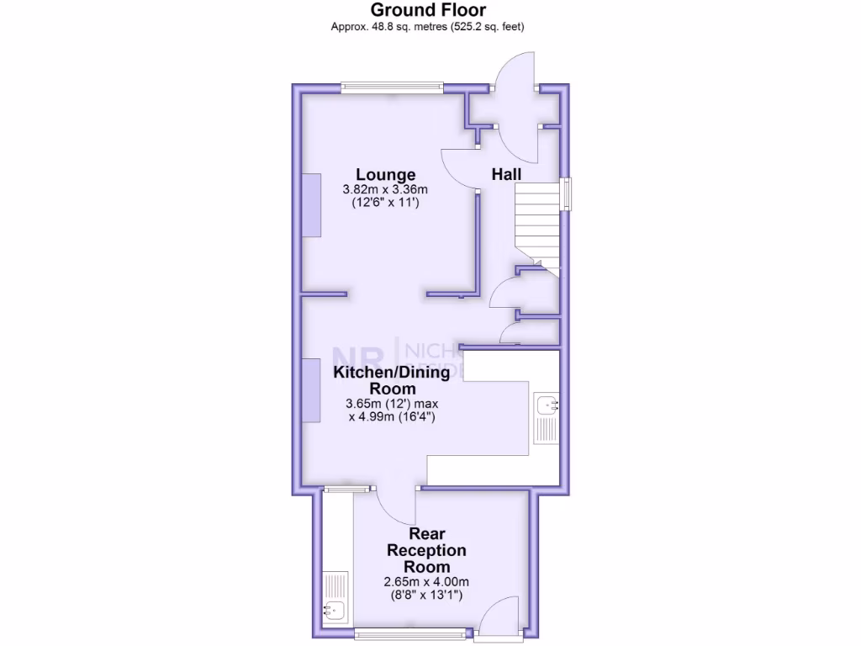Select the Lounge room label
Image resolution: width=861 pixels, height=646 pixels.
point(385,175)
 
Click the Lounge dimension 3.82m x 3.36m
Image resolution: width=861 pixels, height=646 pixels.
point(385,189)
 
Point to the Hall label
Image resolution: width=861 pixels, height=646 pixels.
point(506,174)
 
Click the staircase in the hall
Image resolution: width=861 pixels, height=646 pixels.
point(536,223)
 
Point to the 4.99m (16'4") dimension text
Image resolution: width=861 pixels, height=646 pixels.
point(392,416)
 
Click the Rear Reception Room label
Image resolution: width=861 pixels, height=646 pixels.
point(426,550)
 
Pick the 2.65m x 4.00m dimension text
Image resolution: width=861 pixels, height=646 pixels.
point(426,581)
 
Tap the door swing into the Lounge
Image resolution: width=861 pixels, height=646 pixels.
point(458,168)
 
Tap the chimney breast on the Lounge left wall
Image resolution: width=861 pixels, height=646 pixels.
point(311,205)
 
